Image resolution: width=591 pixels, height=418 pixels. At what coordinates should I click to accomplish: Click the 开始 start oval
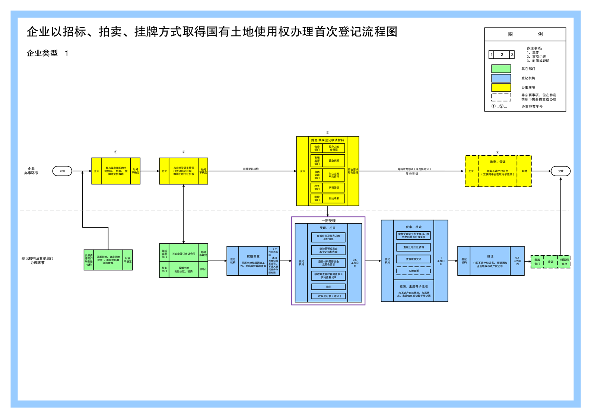tap(62, 171)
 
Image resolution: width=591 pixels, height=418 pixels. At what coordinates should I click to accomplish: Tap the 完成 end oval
tap(560, 171)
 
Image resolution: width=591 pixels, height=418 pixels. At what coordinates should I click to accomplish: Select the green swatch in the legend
tap(501, 69)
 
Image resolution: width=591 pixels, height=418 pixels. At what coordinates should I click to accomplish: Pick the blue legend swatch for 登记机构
tap(501, 78)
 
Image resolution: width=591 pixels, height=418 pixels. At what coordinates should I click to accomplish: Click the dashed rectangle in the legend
tap(501, 97)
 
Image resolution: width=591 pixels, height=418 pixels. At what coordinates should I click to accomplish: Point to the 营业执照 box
tap(334, 161)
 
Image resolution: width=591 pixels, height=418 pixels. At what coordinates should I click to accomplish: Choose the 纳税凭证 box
tap(334, 188)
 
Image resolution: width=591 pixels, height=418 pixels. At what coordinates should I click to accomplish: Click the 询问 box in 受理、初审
tap(328, 287)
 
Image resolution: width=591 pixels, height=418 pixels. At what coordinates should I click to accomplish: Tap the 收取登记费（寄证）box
tap(328, 296)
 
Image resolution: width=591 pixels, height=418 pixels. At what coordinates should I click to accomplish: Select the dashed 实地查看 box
tap(413, 271)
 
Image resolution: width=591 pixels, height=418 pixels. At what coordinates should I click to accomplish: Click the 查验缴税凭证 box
tap(413, 259)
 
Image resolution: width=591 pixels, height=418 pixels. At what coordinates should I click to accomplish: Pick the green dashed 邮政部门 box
tap(537, 262)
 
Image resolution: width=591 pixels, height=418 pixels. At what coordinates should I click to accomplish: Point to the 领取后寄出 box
tap(564, 262)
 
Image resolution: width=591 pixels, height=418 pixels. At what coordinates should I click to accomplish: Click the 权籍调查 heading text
tap(253, 256)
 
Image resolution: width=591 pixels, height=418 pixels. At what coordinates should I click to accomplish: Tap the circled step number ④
tap(498, 152)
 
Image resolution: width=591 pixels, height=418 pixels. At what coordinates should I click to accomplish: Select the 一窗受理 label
tap(328, 221)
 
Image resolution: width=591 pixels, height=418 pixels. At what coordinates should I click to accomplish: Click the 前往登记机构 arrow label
tap(251, 169)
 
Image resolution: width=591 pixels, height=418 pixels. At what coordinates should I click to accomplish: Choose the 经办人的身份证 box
tap(334, 148)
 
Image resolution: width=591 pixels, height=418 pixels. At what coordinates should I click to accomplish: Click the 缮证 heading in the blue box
tap(490, 256)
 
